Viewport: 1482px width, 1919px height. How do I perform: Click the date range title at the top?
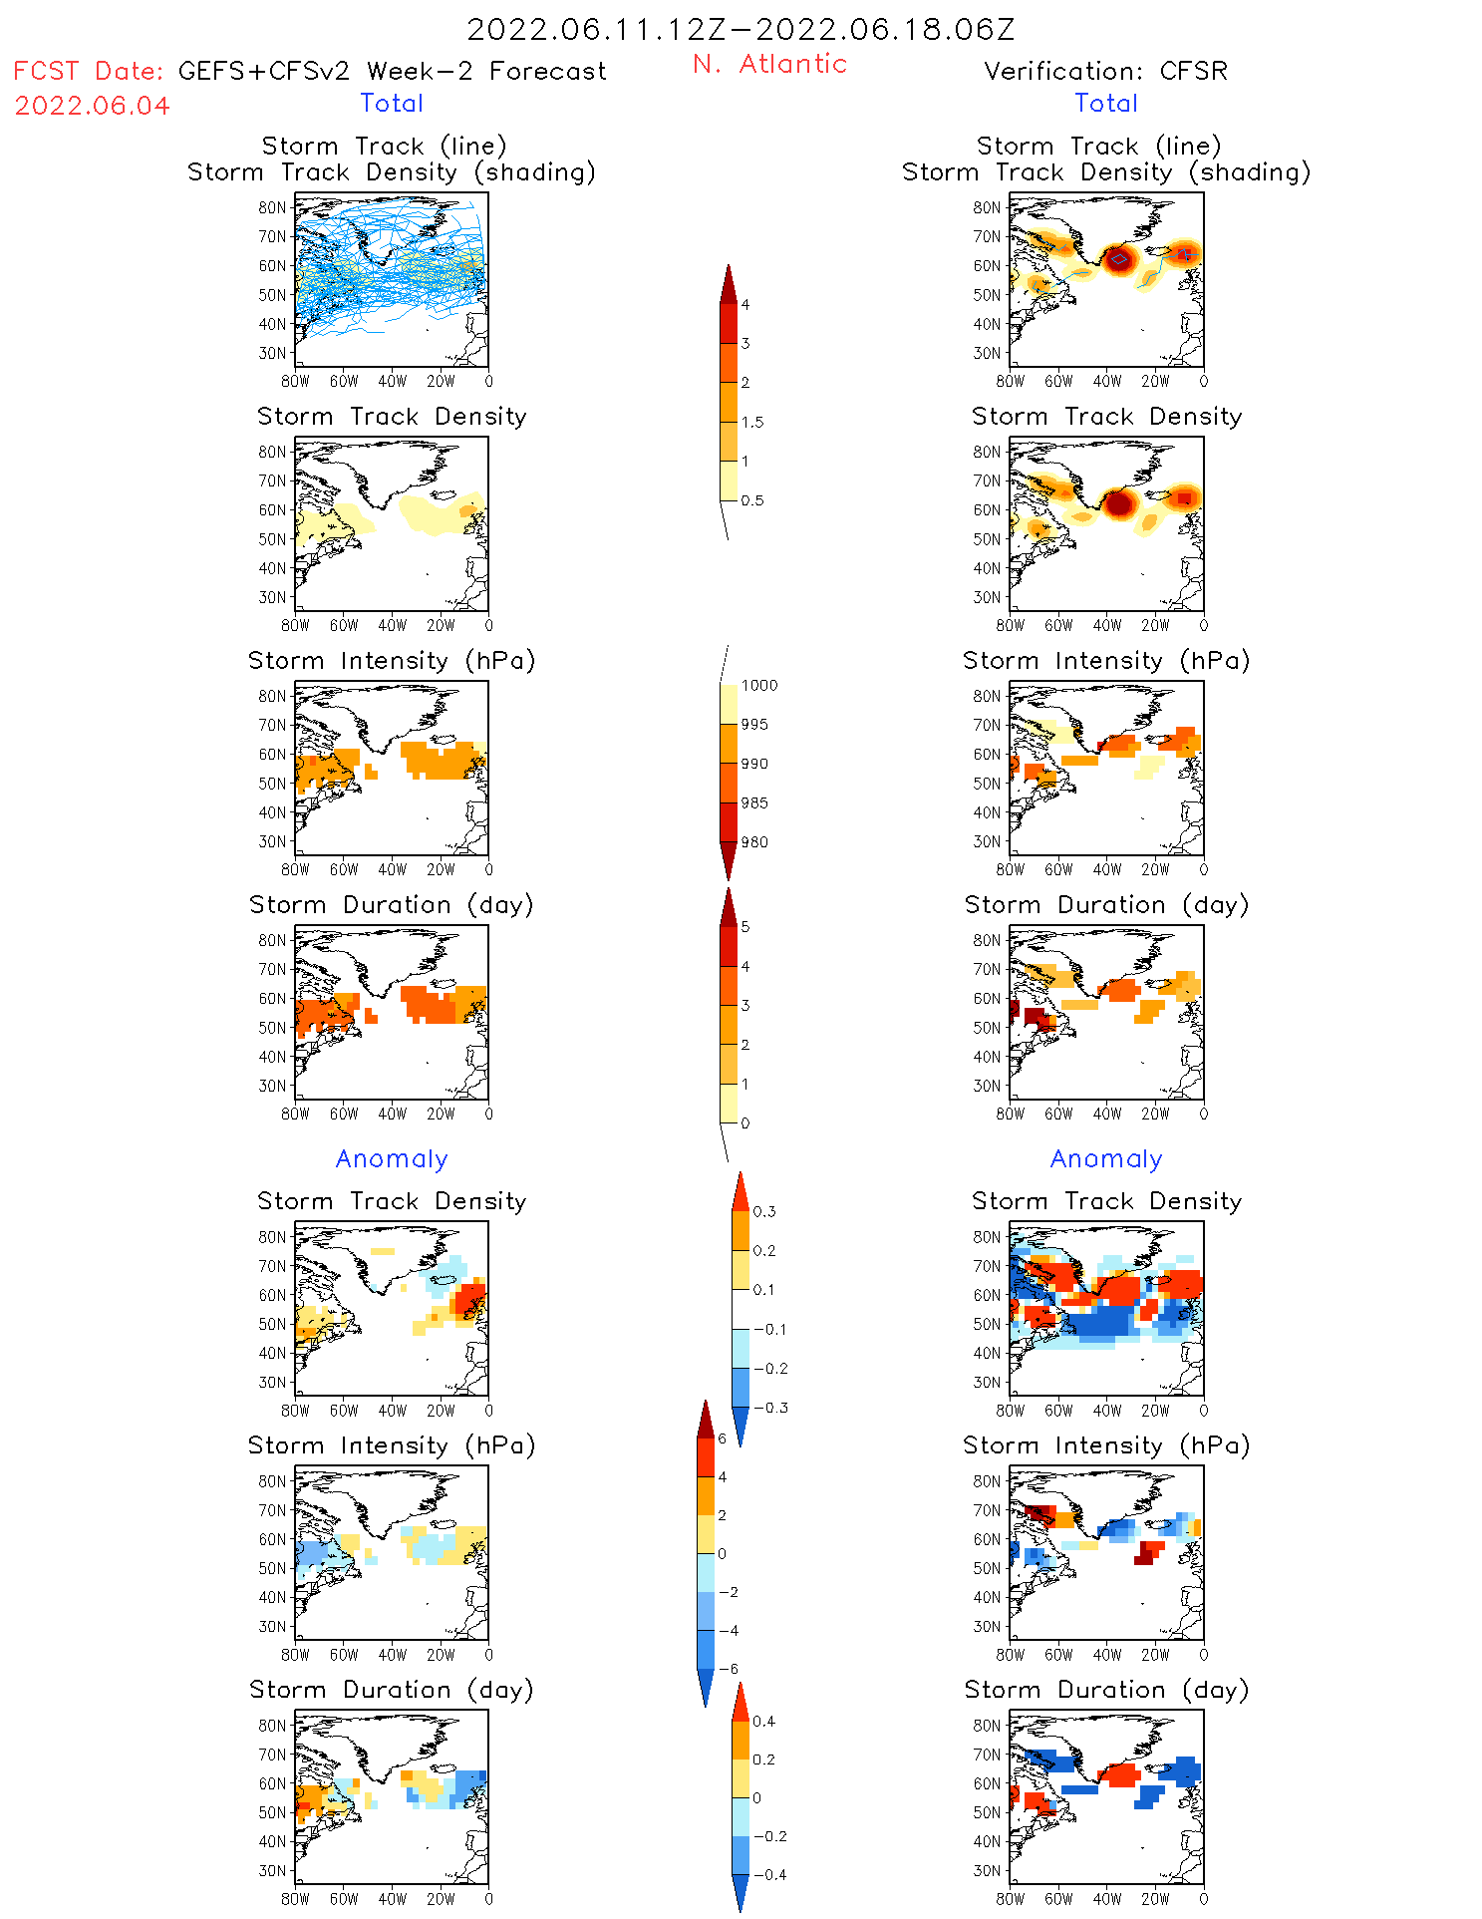741,29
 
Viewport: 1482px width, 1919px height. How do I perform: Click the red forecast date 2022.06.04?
92,106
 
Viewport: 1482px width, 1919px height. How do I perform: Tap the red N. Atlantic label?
769,64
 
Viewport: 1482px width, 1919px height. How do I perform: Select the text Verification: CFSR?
1105,71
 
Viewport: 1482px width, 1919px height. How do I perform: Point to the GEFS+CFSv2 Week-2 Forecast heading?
392,71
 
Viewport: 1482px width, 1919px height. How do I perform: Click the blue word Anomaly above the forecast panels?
392,1158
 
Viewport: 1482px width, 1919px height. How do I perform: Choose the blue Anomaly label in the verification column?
1106,1158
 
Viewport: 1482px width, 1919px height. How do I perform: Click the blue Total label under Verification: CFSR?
1106,103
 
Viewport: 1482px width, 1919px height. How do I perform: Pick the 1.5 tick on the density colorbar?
752,422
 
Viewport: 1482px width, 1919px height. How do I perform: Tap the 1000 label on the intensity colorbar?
758,685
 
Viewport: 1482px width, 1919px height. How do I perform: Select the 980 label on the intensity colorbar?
754,842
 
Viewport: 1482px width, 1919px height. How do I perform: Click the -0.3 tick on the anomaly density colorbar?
769,1408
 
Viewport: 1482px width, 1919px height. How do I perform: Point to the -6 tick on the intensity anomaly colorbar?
729,1669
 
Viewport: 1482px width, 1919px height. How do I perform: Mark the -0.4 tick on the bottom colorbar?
768,1874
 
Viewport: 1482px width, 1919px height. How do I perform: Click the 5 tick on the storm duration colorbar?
745,927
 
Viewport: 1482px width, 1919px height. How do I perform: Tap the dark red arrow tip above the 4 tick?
729,283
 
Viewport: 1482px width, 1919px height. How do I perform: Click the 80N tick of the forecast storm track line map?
272,207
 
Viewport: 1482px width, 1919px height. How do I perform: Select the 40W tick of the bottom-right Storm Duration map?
1106,1899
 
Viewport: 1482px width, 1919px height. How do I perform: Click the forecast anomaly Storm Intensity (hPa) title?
392,1445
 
